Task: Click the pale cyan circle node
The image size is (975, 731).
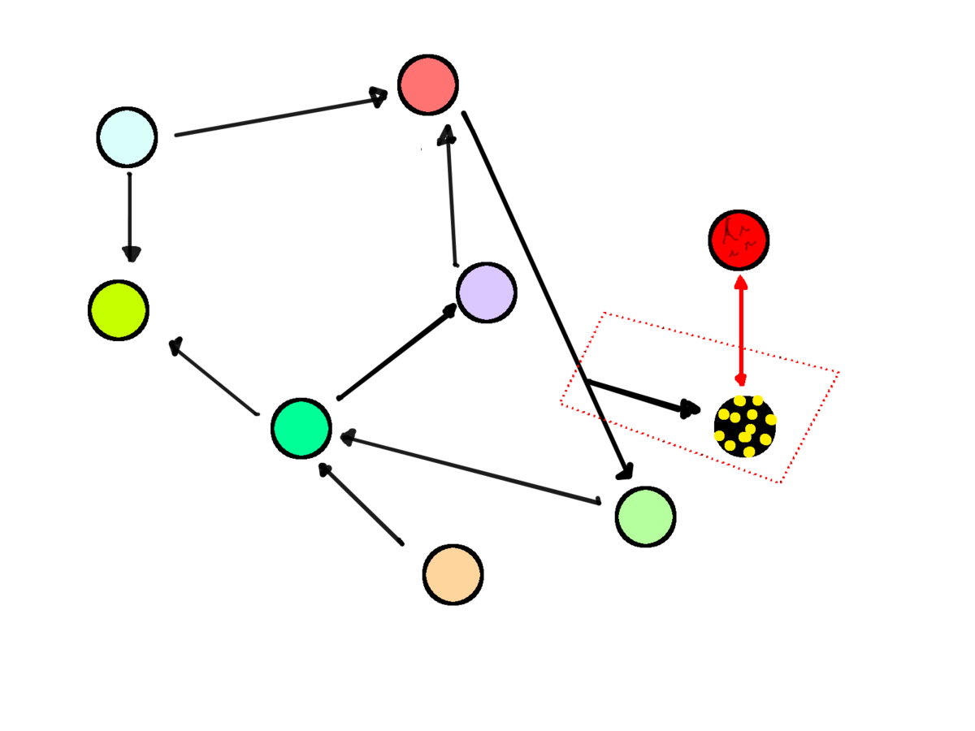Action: click(x=127, y=137)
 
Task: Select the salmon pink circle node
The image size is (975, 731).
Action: click(x=428, y=84)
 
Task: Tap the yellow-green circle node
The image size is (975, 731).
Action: click(x=119, y=310)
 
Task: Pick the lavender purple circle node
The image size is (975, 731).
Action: click(x=486, y=292)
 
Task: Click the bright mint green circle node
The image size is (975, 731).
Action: click(x=301, y=428)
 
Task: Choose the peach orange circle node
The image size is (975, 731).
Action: click(x=453, y=574)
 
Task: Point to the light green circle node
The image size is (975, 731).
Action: click(x=645, y=517)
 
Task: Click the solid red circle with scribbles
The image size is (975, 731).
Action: click(x=739, y=240)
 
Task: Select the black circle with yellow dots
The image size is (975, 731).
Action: click(x=745, y=426)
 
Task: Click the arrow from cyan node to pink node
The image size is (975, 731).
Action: click(x=280, y=115)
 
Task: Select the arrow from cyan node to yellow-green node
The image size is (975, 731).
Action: click(x=130, y=216)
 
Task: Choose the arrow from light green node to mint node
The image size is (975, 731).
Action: click(x=470, y=470)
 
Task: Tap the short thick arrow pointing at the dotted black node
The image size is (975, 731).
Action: click(x=642, y=395)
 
